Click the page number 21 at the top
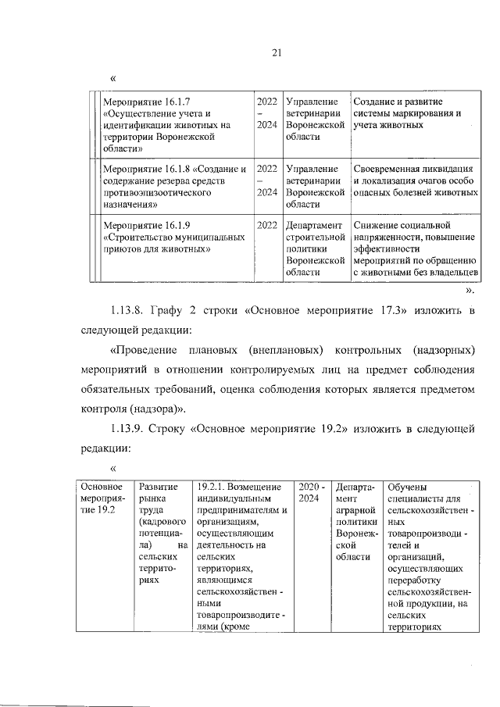[275, 52]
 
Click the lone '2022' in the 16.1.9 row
[267, 226]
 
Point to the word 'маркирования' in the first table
[429, 113]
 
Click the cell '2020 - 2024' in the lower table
[312, 491]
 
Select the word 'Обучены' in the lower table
[408, 486]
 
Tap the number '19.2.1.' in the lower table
[214, 486]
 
